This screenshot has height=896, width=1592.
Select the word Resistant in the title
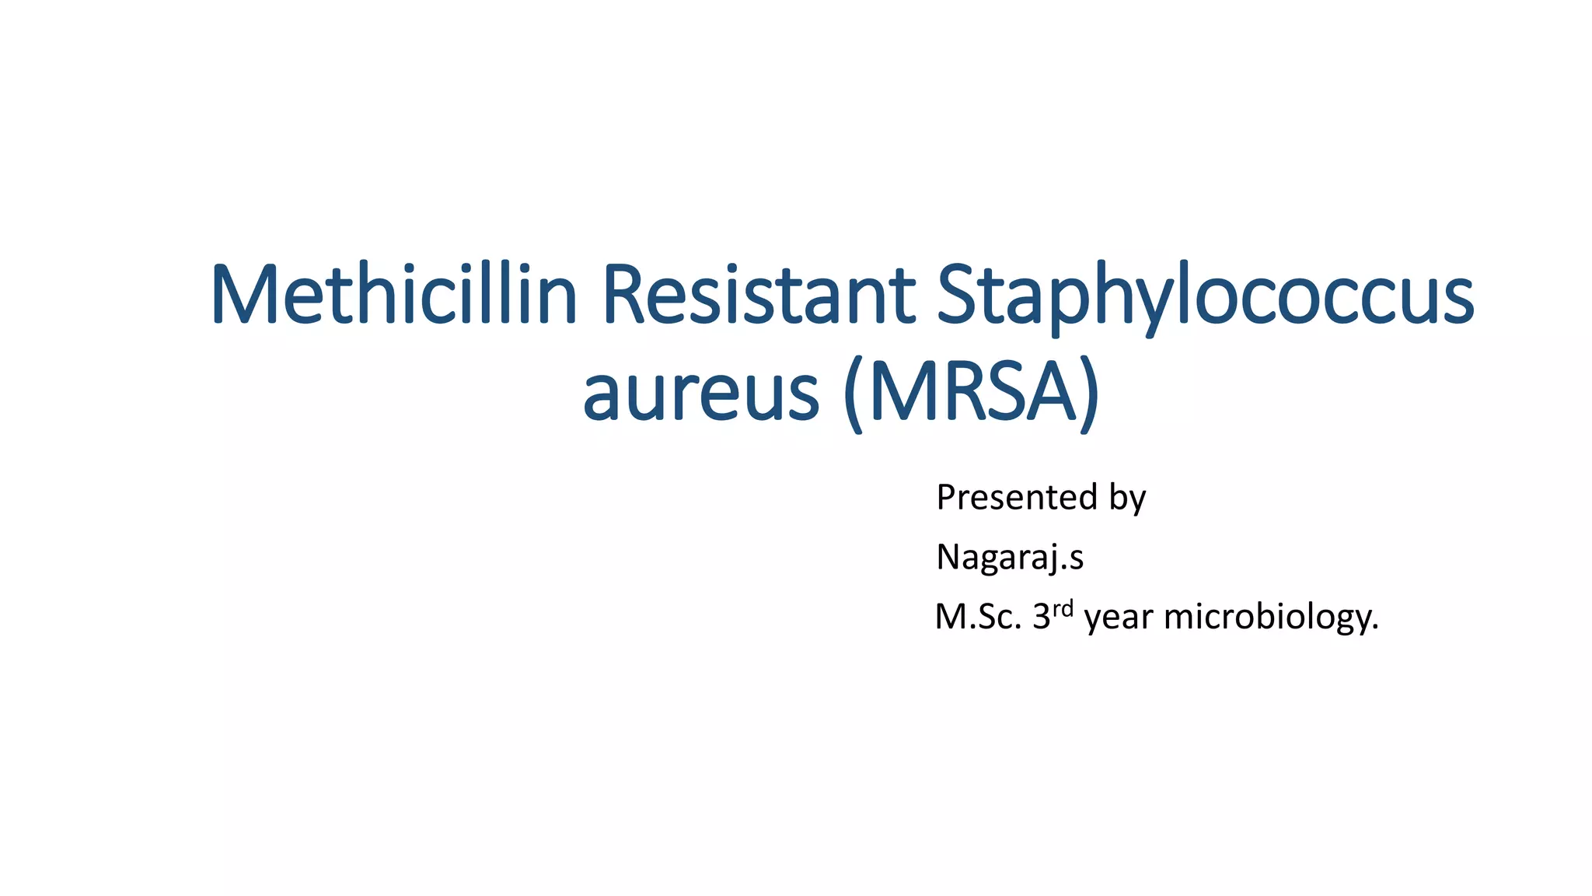pyautogui.click(x=759, y=296)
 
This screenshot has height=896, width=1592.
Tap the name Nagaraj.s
pyautogui.click(x=1009, y=558)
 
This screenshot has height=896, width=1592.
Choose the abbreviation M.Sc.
pyautogui.click(x=978, y=618)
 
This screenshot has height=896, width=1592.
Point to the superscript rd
pyautogui.click(x=1063, y=608)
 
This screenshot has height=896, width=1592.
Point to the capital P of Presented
pyautogui.click(x=946, y=498)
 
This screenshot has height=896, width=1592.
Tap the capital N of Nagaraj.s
pyautogui.click(x=949, y=558)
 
